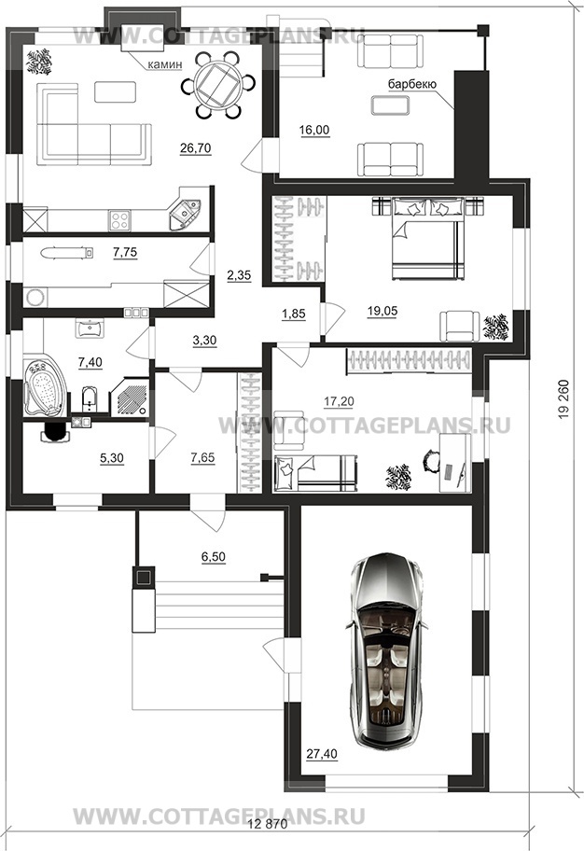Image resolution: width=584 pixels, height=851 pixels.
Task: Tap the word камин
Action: pos(165,64)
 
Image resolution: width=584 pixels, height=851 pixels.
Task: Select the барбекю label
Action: pos(412,84)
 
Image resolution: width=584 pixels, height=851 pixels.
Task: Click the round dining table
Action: pos(218,85)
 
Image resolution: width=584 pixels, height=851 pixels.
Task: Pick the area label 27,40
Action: pos(323,754)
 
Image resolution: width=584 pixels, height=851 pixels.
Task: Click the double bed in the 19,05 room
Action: pos(428,239)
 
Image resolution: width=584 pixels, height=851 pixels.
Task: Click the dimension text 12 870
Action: pos(268,826)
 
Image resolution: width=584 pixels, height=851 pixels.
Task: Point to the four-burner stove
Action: pos(120,220)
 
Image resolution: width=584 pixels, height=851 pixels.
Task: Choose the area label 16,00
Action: pos(314,130)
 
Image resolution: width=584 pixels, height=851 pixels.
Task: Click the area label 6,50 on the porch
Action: pos(214,557)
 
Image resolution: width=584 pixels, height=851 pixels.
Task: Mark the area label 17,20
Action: pos(339,401)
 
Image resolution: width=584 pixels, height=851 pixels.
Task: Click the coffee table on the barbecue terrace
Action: pos(391,105)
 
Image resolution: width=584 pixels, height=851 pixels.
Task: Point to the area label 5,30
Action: pos(112,458)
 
